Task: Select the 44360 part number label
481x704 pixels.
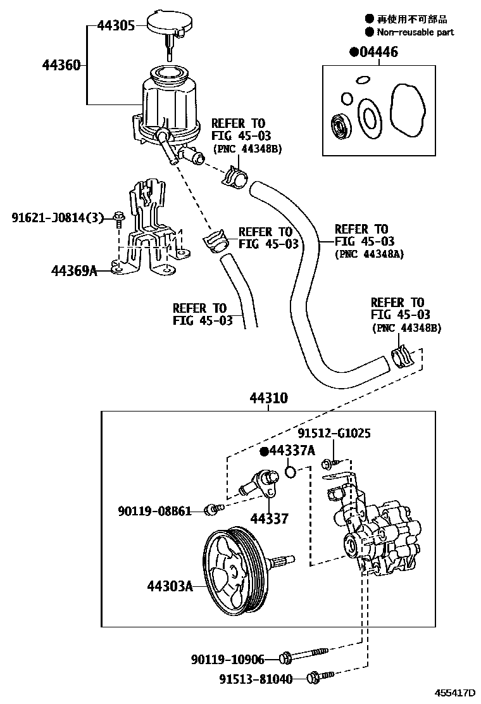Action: click(61, 65)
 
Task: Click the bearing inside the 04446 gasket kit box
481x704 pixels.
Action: click(342, 124)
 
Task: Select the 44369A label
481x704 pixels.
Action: click(73, 272)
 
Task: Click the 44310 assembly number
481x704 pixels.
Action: click(268, 399)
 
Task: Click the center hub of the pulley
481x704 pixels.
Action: click(234, 570)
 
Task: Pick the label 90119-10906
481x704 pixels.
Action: click(227, 660)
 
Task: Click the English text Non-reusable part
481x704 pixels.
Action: click(415, 32)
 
